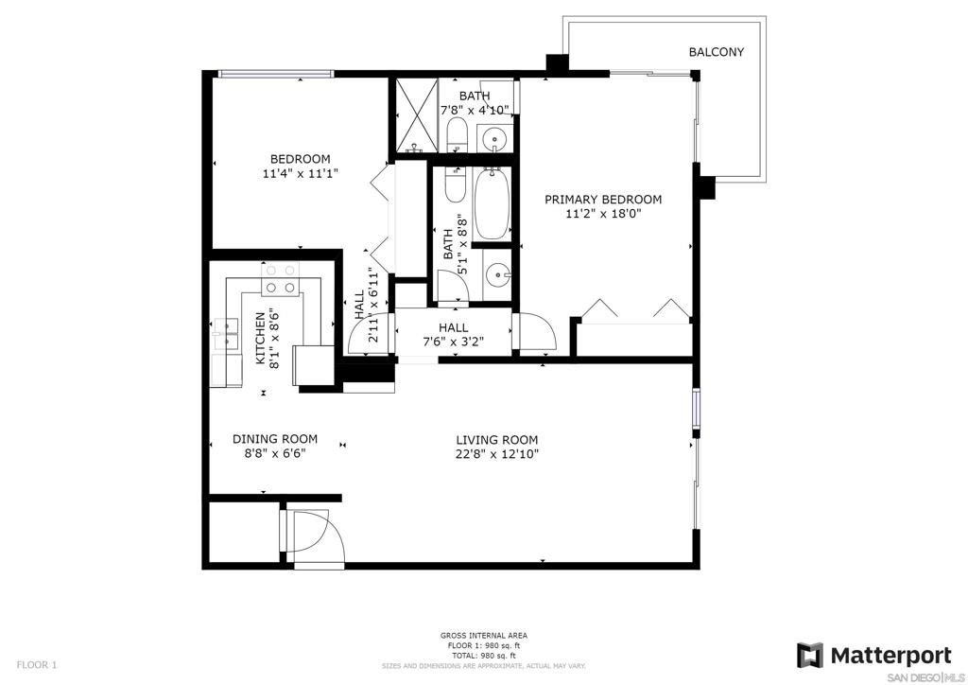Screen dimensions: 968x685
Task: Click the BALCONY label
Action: pos(717,52)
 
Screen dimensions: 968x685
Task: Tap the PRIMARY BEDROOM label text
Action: pos(602,200)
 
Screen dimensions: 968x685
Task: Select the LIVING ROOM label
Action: pos(497,440)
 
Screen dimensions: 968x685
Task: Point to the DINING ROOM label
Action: pos(275,439)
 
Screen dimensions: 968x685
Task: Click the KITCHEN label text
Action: pos(261,338)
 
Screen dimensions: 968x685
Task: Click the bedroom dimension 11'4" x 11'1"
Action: pos(301,173)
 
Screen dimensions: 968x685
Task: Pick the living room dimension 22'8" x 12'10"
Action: pos(497,454)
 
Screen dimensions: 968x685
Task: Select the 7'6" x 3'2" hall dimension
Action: pos(453,342)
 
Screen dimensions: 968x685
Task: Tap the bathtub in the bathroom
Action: pos(492,203)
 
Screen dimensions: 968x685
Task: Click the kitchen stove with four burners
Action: pos(280,279)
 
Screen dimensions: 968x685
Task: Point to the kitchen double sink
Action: pos(226,334)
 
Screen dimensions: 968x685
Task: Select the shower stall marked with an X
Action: pos(416,115)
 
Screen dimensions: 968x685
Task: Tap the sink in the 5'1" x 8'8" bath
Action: pos(497,273)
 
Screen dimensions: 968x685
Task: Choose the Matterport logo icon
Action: pos(809,656)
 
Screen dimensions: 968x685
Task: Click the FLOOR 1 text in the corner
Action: pos(37,665)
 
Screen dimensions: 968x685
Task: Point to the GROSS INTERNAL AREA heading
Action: pos(484,636)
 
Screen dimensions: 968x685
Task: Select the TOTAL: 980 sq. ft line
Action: pos(484,656)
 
